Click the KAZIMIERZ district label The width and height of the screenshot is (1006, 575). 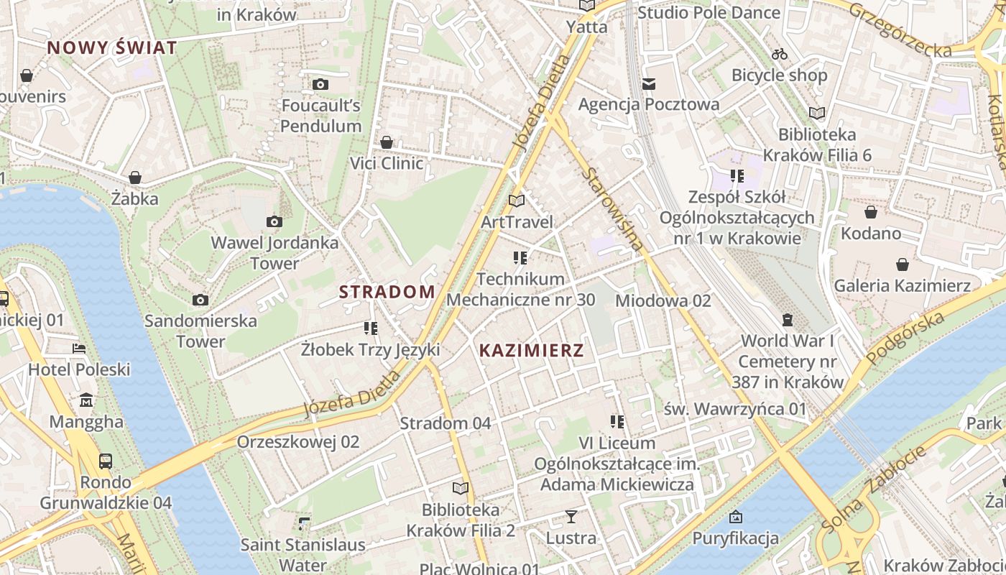[x=531, y=351]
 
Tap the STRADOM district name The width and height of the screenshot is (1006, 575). [x=387, y=292]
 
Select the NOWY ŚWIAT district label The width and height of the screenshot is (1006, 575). [x=111, y=48]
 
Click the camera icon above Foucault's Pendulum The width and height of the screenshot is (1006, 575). [x=320, y=84]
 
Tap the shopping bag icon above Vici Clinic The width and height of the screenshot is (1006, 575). [x=387, y=142]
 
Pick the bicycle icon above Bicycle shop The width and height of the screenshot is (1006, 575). [x=779, y=54]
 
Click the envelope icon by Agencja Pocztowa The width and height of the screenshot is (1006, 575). [x=649, y=84]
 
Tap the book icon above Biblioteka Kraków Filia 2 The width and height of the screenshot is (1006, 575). [x=461, y=488]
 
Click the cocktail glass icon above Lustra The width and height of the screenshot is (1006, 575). [x=571, y=516]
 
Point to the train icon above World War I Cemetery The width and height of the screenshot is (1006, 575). [x=787, y=319]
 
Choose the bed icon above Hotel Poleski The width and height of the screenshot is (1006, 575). [x=79, y=349]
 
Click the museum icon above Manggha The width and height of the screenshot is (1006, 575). [x=86, y=400]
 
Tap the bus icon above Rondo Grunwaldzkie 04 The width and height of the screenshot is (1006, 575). [x=106, y=461]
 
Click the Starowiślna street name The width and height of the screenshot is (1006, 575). [x=612, y=209]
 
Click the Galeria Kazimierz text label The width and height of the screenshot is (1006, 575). [x=902, y=286]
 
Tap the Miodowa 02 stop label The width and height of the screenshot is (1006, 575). [x=663, y=300]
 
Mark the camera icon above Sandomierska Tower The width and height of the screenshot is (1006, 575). [x=200, y=300]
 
